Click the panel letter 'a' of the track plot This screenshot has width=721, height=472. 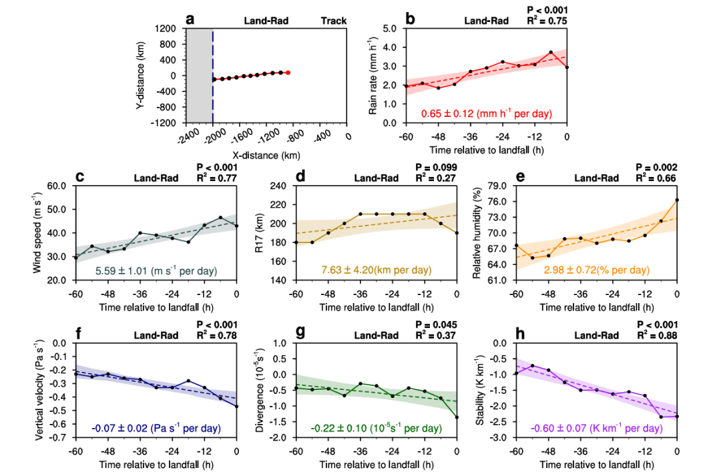click(190, 19)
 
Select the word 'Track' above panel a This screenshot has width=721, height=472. click(333, 21)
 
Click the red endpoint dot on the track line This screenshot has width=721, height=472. click(288, 72)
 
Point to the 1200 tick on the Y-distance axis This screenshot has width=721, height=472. click(174, 29)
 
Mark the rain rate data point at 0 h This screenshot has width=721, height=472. click(567, 67)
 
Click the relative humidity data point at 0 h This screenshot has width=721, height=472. click(677, 200)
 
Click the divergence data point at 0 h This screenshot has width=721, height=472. click(457, 417)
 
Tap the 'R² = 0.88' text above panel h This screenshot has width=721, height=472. click(660, 334)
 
